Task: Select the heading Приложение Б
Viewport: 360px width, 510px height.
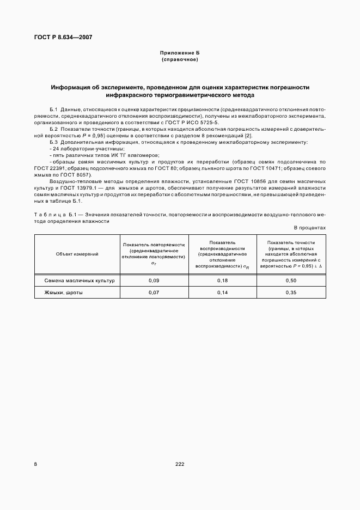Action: [x=180, y=53]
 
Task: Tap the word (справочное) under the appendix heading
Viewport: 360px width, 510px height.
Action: [x=180, y=59]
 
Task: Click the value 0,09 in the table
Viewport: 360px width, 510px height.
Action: [x=154, y=280]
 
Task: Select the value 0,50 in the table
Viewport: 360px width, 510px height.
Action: [x=291, y=280]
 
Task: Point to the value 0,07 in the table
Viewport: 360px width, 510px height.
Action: [x=154, y=293]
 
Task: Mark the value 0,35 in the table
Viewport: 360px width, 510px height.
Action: [x=291, y=293]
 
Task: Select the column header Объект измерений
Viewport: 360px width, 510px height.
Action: [x=77, y=254]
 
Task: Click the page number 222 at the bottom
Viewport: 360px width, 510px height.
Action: [x=180, y=464]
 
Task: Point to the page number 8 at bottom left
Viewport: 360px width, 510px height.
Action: [x=36, y=464]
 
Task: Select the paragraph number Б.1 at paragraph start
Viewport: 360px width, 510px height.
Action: [x=53, y=110]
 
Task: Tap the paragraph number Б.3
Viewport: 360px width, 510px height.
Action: [x=53, y=142]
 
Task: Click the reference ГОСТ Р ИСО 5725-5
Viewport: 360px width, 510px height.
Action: [x=194, y=123]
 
